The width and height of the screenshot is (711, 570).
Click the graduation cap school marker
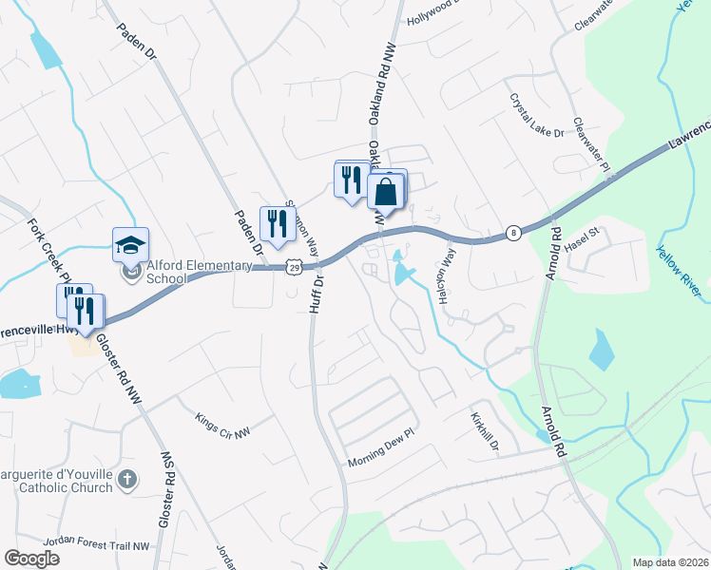coord(131,246)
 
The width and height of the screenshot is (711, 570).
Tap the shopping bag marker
coord(387,191)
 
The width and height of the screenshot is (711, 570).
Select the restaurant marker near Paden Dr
coord(277,224)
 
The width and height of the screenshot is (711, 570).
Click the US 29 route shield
coord(297,268)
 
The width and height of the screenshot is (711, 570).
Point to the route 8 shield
coord(513,232)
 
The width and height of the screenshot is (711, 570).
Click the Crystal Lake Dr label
coord(538,114)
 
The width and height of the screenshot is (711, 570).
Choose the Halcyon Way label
coord(447,275)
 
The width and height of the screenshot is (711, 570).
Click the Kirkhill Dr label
coord(485,432)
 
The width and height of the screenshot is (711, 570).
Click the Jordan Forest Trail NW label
coord(103,546)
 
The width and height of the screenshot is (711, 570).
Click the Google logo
coord(32,558)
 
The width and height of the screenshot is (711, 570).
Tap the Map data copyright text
coord(669,562)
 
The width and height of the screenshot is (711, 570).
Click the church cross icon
coord(129,481)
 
